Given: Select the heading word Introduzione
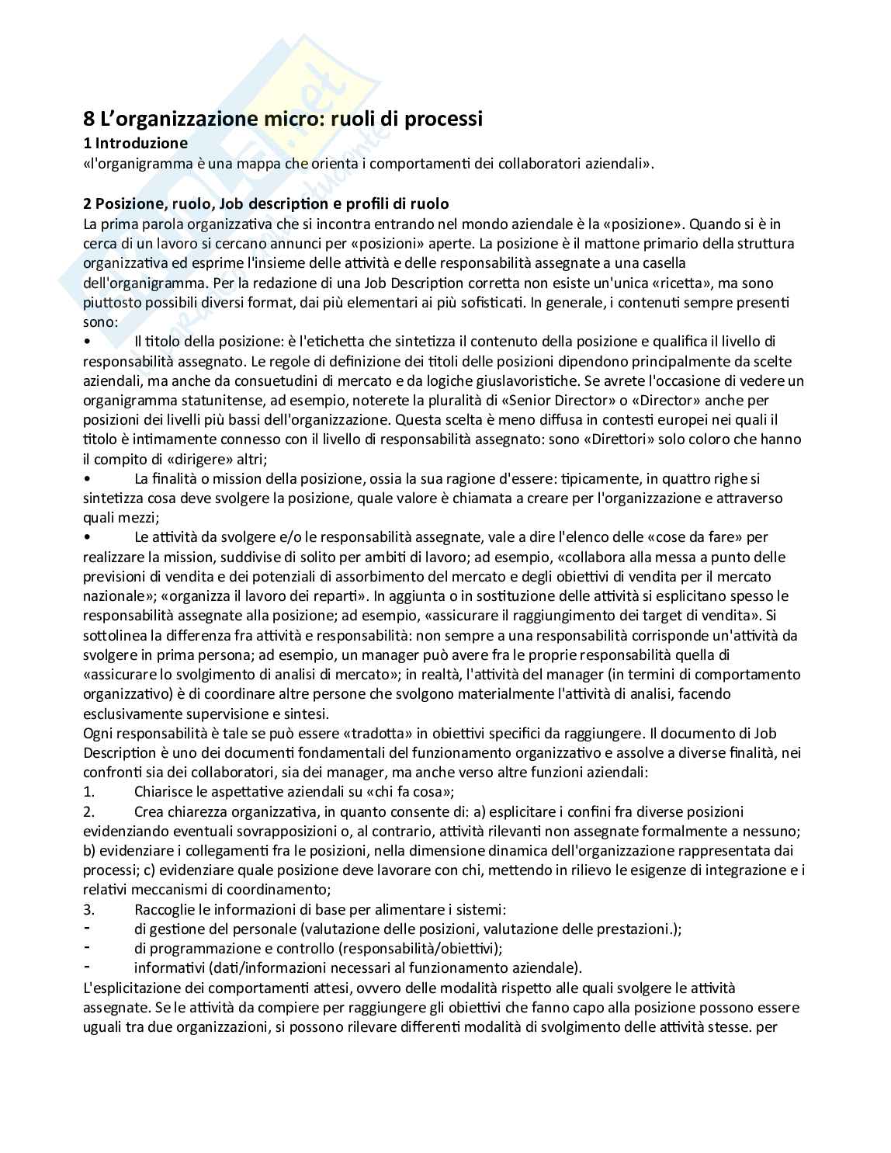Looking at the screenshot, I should tap(141, 144).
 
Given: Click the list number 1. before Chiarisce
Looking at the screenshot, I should tap(88, 792).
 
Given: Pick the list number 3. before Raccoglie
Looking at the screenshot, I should tap(88, 909).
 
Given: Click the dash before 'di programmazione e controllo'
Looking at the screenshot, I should tap(87, 948).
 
